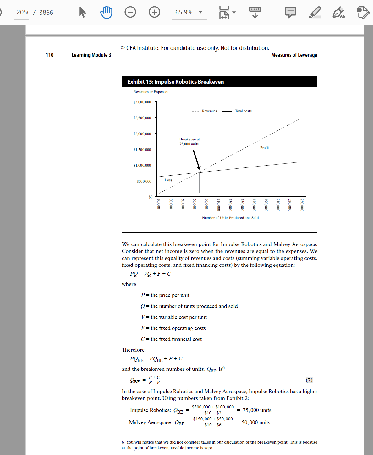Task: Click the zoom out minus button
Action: (x=130, y=12)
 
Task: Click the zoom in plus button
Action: (x=154, y=12)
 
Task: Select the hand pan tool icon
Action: (x=106, y=12)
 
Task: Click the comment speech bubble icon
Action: (x=290, y=12)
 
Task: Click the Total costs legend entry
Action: (x=243, y=111)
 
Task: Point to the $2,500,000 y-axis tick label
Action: (x=142, y=118)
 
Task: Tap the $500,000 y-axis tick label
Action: (x=144, y=181)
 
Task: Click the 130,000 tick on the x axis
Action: (x=230, y=205)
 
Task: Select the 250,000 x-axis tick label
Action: (x=302, y=205)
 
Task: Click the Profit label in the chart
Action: (x=264, y=148)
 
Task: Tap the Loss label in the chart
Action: (x=168, y=180)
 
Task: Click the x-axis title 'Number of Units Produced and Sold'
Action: (x=230, y=218)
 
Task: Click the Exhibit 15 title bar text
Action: (x=175, y=82)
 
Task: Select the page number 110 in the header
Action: (x=50, y=55)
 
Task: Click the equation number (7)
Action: (x=309, y=380)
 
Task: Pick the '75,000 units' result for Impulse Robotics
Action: (x=257, y=410)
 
